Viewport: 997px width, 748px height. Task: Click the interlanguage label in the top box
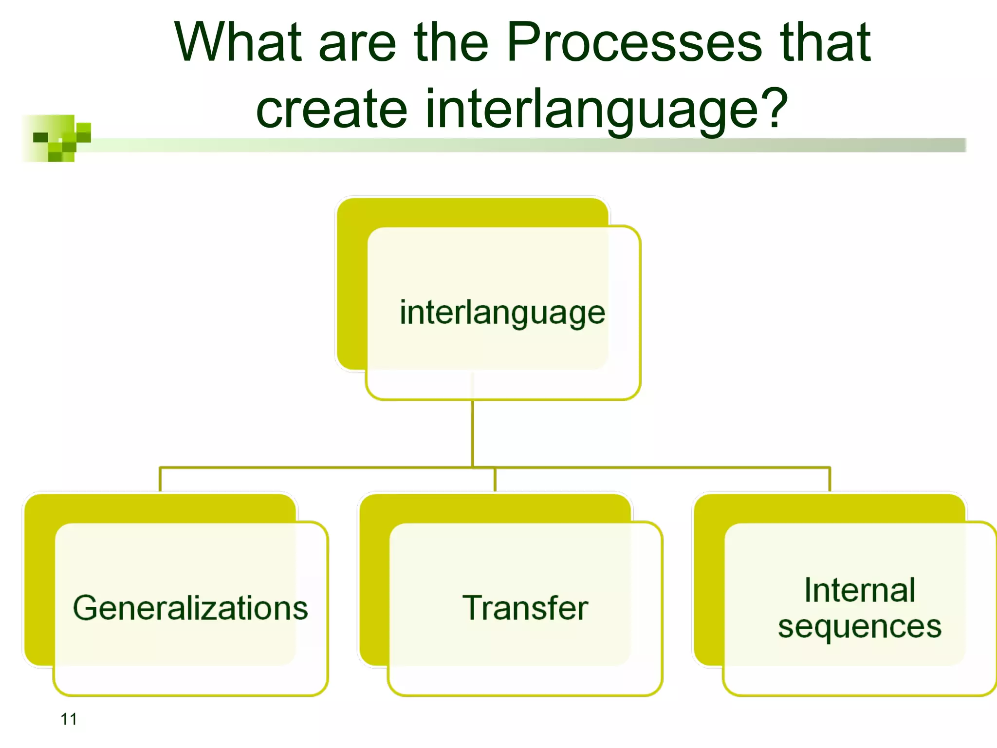[502, 313]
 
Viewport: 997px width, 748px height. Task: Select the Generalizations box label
[190, 608]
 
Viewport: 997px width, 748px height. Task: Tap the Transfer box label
[525, 608]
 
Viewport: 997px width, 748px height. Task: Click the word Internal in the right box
[859, 590]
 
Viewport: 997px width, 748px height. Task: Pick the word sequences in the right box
[859, 627]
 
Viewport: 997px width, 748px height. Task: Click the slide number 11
[69, 719]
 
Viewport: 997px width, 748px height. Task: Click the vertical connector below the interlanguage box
[472, 433]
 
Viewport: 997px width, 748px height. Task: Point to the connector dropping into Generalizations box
[160, 480]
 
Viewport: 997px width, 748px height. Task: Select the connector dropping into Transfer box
[495, 480]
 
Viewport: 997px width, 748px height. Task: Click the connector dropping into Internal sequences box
[830, 480]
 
